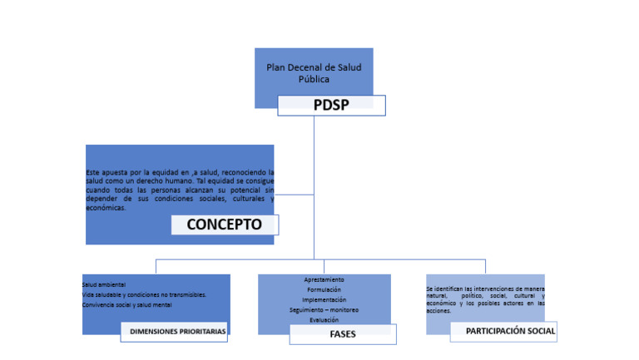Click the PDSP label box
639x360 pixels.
tap(331, 106)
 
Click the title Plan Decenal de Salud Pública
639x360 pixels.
tap(314, 73)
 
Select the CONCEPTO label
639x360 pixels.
tap(224, 224)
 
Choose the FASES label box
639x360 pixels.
tap(343, 333)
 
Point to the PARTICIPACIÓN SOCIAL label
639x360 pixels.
tap(503, 331)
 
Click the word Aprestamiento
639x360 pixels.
tap(324, 280)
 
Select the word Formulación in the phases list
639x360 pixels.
tap(324, 290)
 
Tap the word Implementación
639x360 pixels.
tap(324, 300)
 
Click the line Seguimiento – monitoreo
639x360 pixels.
tap(324, 310)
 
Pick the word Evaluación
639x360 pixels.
tap(324, 320)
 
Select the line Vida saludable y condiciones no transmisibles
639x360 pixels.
tap(144, 295)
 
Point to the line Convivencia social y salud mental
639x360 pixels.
tap(127, 305)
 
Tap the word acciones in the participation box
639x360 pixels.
tap(438, 311)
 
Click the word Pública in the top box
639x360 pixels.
tap(314, 80)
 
